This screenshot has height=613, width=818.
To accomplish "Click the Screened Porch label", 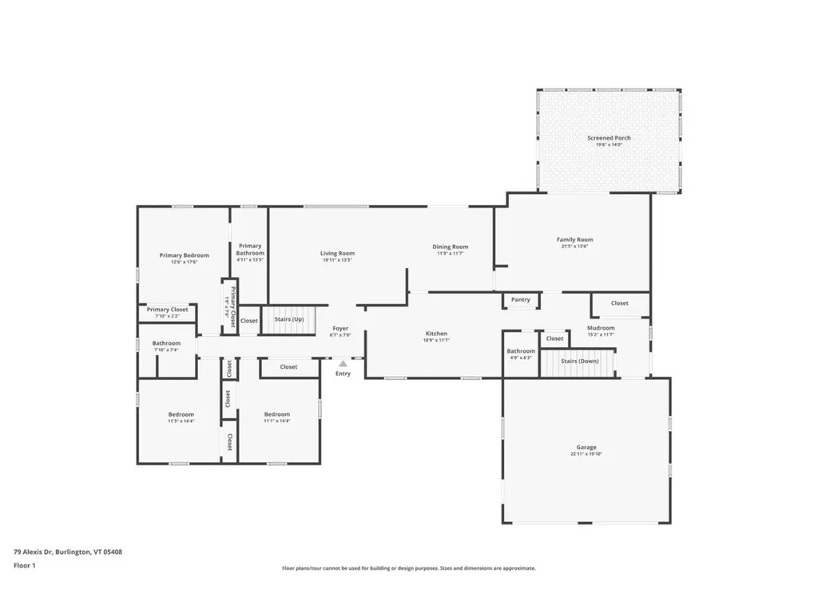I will [609, 139].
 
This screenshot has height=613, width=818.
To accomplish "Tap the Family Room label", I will [574, 240].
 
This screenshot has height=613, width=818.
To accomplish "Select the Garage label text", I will [586, 448].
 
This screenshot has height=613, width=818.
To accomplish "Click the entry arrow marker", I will [343, 362].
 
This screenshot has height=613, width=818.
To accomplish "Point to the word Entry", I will [343, 374].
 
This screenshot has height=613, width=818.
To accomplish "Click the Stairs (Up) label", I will [289, 319].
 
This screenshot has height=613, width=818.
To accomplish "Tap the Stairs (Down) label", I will [579, 361].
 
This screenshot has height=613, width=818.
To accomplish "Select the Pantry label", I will [521, 300].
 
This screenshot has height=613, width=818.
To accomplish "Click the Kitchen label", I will [436, 334].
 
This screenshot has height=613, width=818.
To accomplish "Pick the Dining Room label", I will [451, 247].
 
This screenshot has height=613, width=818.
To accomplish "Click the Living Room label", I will [337, 254].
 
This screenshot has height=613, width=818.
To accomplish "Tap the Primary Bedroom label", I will [184, 255].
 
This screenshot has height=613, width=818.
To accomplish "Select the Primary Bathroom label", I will [250, 250].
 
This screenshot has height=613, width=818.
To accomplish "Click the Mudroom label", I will [601, 328].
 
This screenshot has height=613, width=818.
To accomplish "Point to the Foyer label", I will [340, 328].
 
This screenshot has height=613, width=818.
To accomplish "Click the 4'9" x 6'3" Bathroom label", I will [521, 352].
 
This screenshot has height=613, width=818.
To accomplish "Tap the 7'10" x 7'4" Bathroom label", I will [166, 344].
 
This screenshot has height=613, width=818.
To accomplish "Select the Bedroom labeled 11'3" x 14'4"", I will [181, 415].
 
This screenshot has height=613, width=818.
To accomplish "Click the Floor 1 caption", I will [25, 565].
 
